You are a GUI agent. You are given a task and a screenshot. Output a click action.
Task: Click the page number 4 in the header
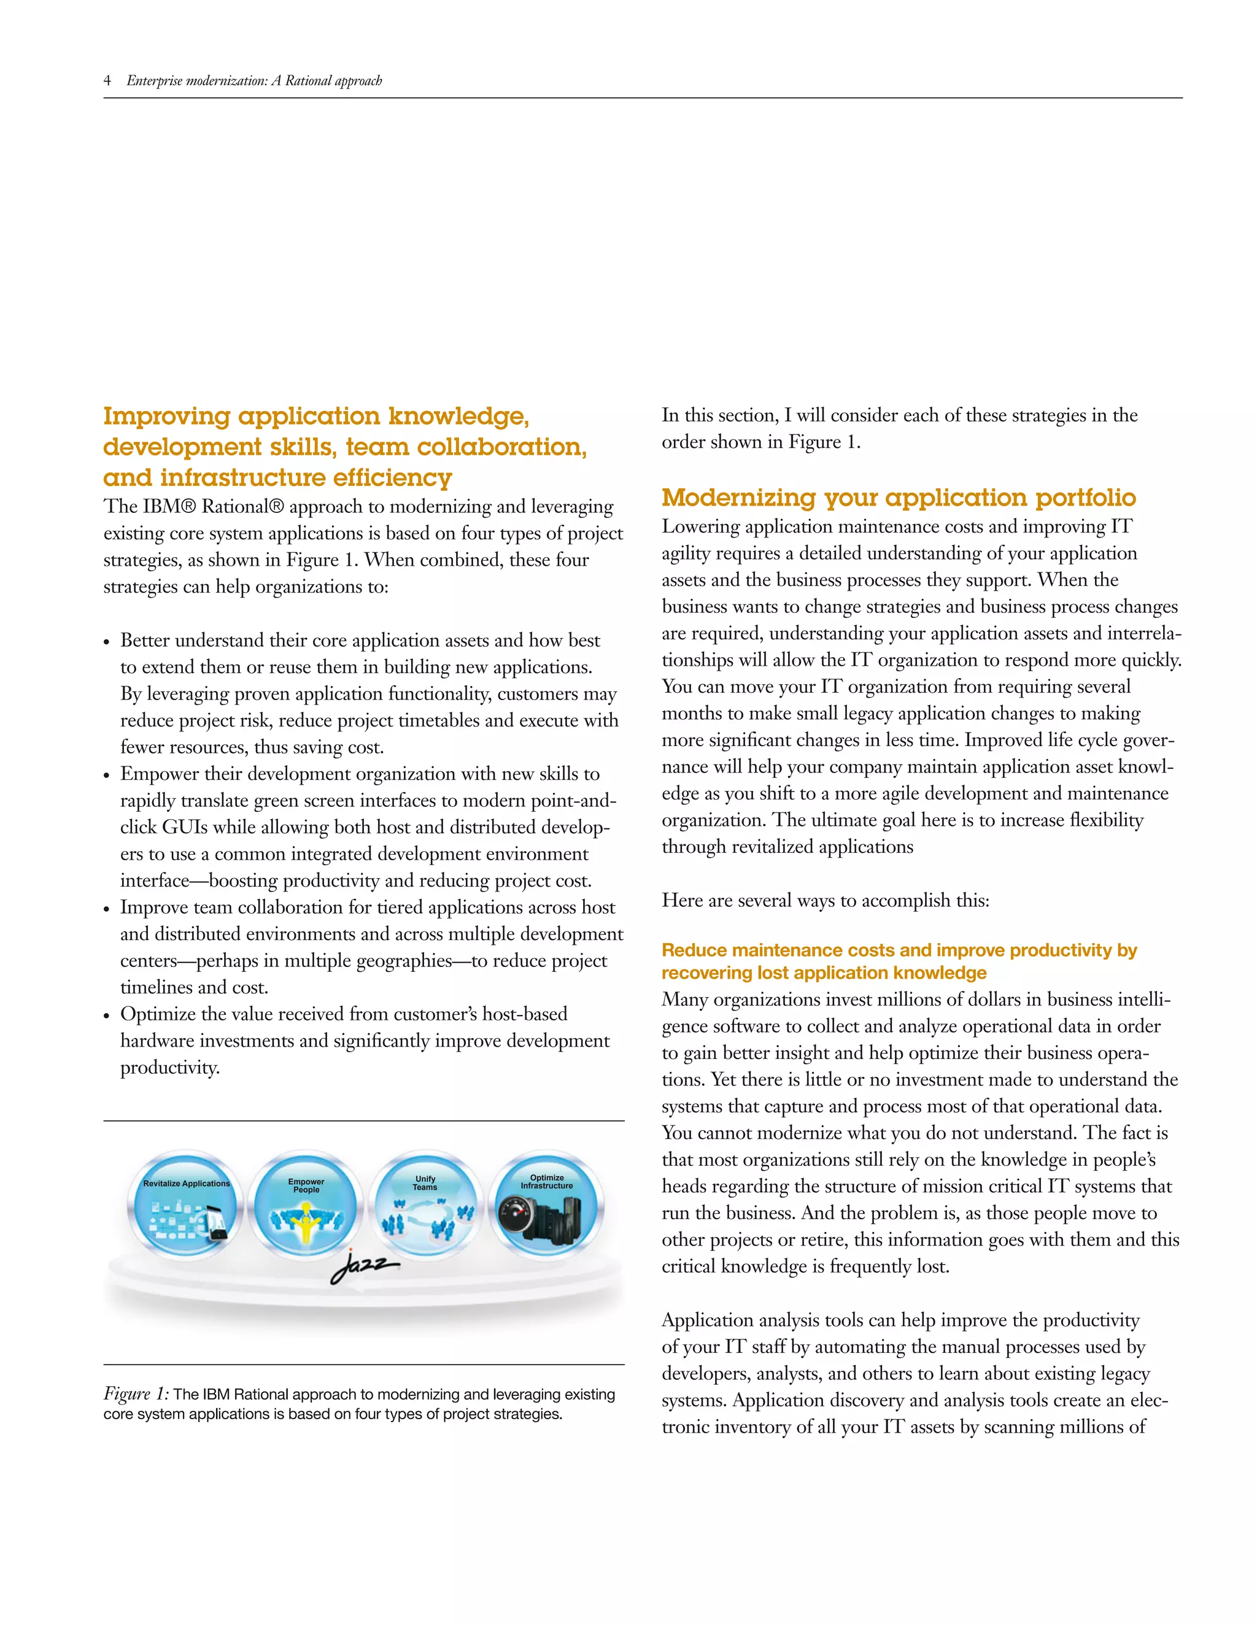[x=107, y=80]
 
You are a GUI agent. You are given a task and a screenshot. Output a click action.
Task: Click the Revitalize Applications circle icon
[x=185, y=1207]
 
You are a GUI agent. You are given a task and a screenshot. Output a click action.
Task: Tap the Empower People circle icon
[x=306, y=1207]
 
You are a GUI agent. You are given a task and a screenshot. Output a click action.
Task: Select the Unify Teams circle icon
[x=426, y=1207]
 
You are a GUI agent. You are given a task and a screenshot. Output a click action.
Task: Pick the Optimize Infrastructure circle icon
[x=547, y=1207]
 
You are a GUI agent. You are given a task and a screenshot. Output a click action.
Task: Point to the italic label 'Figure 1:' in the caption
[x=136, y=1393]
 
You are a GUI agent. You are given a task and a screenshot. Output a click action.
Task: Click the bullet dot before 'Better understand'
[x=107, y=642]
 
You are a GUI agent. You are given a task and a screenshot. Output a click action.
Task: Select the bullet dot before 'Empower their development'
[x=107, y=776]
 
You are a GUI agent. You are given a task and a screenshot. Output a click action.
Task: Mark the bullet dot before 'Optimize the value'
[x=107, y=1015]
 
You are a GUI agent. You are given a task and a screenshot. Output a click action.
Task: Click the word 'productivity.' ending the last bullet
[x=170, y=1068]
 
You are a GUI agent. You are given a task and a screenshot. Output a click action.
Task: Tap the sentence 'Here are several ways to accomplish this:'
[x=825, y=900]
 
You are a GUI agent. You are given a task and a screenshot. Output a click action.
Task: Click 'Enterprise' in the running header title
[x=153, y=80]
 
